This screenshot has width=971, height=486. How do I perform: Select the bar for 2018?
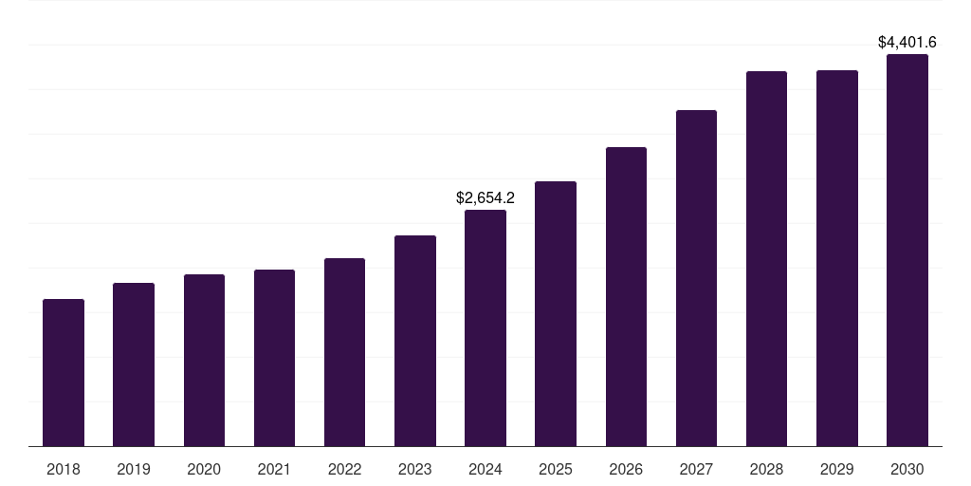point(64,373)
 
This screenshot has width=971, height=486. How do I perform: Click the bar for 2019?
point(134,364)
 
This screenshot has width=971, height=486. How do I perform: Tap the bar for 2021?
point(274,358)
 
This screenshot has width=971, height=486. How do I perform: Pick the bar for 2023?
point(415,341)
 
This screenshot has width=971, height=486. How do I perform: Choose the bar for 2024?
point(485,328)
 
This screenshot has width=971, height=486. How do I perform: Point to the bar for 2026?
point(626,297)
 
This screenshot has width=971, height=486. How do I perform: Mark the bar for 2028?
point(766,259)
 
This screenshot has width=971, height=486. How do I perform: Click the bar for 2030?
point(907,251)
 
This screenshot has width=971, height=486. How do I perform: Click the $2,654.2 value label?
point(485,198)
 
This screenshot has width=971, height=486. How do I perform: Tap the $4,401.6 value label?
point(907,43)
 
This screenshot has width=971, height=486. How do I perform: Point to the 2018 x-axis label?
point(64,470)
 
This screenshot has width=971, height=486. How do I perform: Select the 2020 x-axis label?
point(204,470)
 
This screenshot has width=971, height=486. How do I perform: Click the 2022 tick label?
point(344,470)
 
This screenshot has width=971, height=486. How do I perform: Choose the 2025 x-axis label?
point(556,470)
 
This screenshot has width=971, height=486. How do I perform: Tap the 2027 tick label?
point(696,470)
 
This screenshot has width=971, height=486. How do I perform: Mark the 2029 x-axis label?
point(837,470)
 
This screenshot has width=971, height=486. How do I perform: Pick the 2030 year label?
point(907,470)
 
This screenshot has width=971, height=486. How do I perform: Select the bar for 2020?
point(204,361)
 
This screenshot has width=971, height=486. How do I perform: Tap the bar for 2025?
point(556,314)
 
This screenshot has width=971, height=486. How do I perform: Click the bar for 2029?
point(837,258)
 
